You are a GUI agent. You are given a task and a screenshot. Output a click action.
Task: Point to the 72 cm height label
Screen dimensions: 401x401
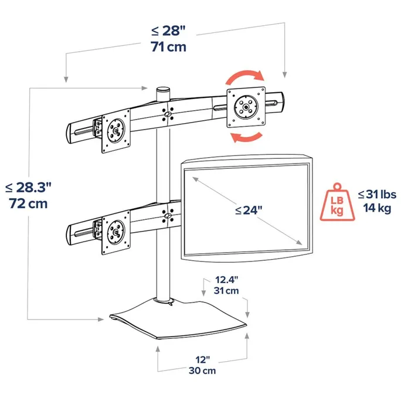(29, 204)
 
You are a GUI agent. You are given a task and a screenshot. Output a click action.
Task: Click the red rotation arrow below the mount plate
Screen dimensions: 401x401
(245, 137)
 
